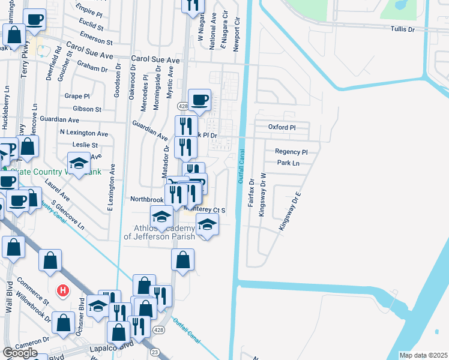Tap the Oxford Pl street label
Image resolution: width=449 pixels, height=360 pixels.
[282, 127]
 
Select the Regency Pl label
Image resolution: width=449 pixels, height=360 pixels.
[291, 152]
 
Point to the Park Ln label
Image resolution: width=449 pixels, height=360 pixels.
[288, 163]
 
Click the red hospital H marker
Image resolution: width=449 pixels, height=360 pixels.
[62, 291]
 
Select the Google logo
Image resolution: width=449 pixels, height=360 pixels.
[20, 353]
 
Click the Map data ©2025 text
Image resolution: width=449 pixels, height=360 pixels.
[424, 355]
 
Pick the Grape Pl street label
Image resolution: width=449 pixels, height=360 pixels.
[77, 96]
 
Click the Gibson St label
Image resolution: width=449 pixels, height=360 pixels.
[87, 109]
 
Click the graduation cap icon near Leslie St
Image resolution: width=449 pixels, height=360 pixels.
[78, 162]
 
